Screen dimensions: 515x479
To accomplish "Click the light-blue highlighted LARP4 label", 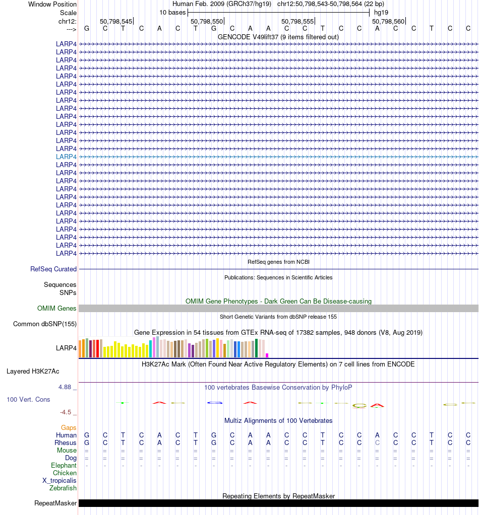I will point(66,157).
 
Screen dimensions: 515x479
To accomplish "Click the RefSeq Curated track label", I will point(53,269).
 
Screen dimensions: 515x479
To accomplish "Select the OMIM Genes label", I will point(57,309).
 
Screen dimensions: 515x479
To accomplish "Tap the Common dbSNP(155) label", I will point(45,324).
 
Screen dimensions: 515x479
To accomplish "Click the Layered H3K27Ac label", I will point(33,372).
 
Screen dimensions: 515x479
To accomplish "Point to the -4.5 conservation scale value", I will point(66,412).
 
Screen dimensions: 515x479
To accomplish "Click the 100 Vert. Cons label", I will point(28,399).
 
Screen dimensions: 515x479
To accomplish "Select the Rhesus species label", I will point(66,443).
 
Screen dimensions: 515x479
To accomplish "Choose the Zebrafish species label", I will point(63,488).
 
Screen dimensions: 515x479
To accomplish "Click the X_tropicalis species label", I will point(59,481).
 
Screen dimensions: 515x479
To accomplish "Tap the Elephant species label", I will point(64,466).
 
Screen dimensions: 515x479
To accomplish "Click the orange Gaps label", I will point(69,428).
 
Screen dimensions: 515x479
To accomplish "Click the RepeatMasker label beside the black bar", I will point(55,503).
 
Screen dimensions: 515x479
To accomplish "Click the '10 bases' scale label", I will point(172,12).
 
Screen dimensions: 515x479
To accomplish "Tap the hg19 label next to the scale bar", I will point(381,12).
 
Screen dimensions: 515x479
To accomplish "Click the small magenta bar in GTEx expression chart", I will point(267,355).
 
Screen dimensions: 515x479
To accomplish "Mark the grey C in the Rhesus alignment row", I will point(377,443).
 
